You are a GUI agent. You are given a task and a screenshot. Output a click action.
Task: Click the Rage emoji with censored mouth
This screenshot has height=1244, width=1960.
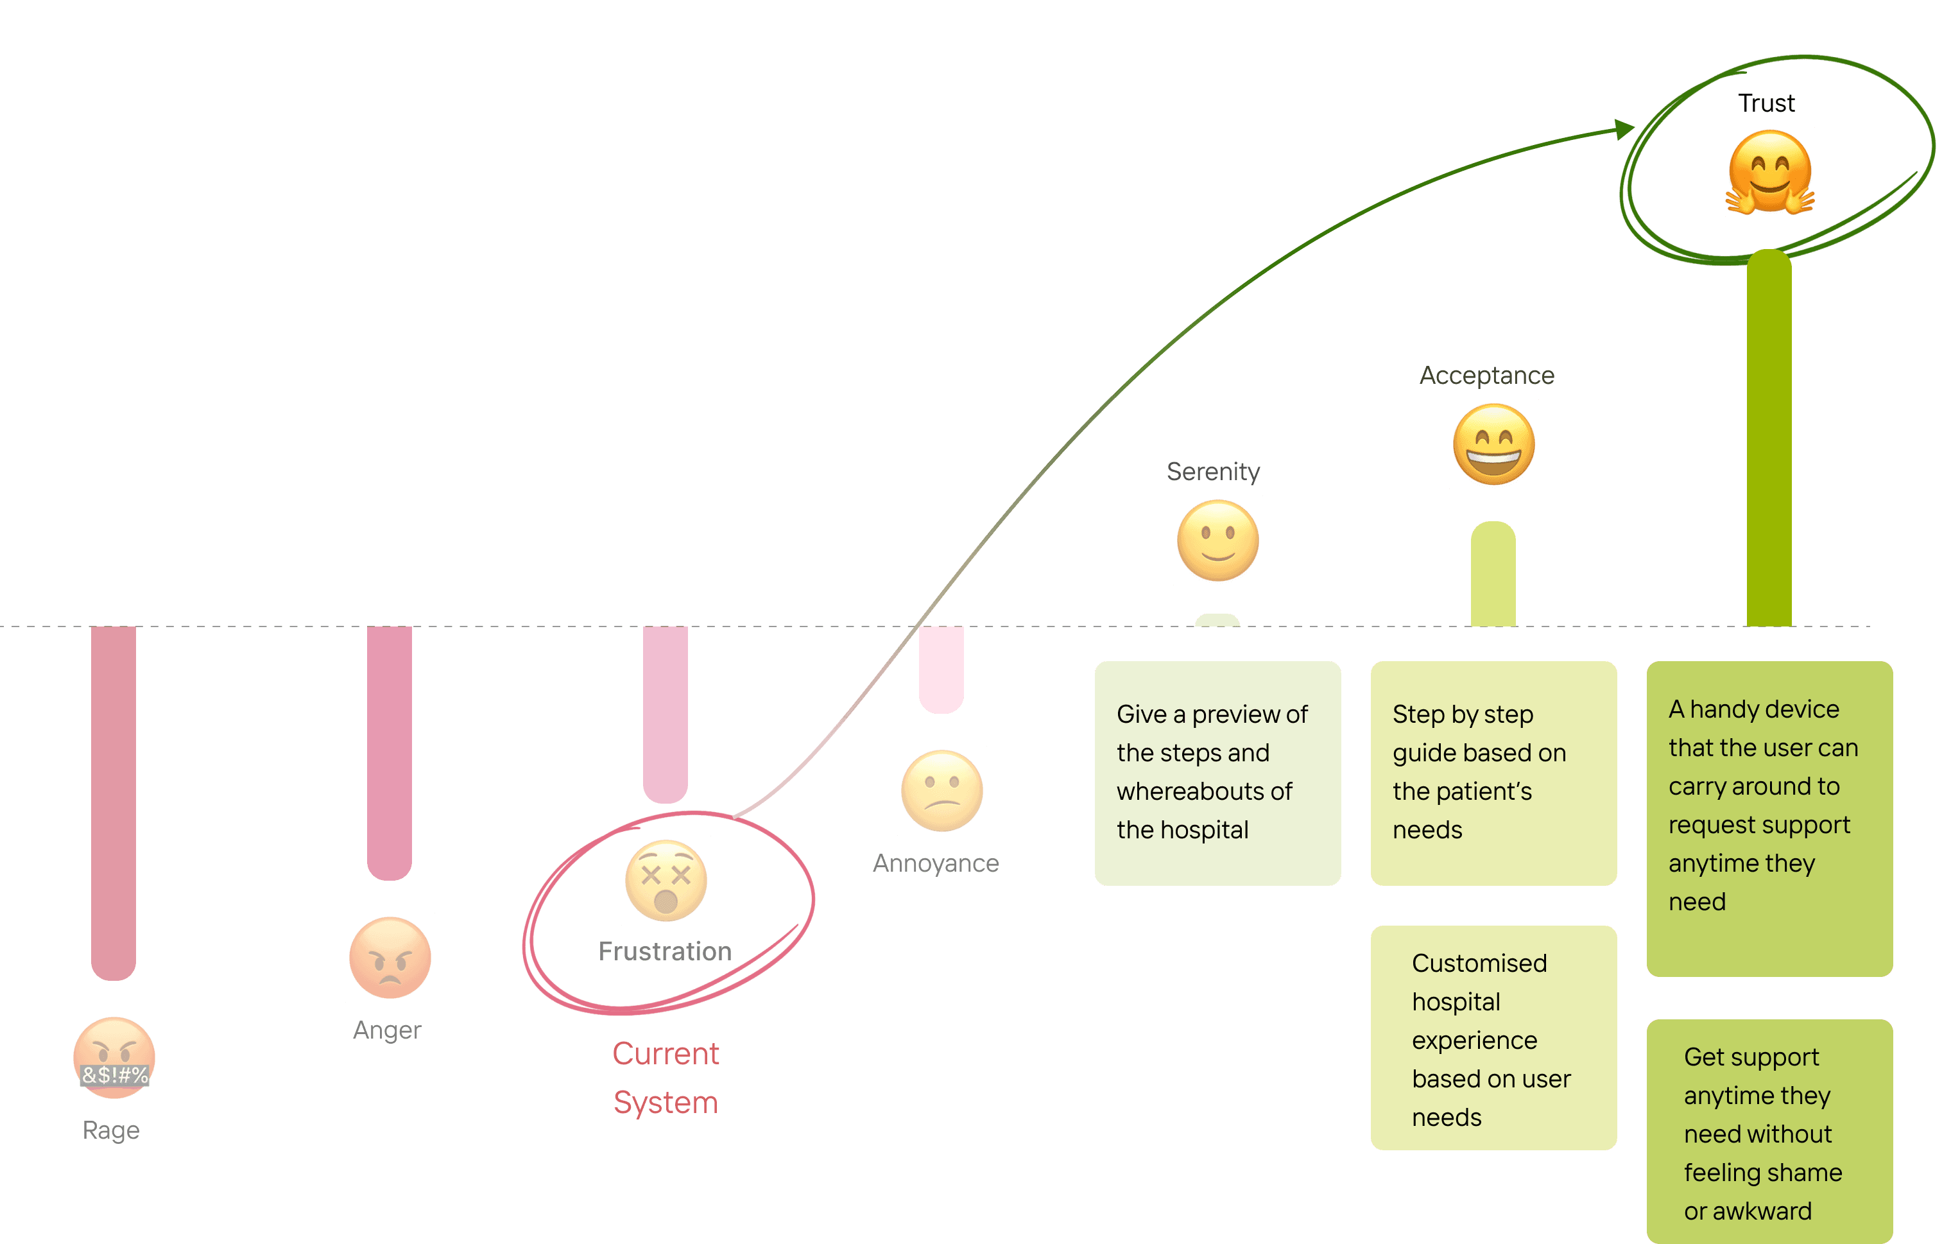[x=114, y=1058]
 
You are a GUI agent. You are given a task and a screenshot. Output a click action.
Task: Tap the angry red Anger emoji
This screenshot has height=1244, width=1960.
[x=390, y=958]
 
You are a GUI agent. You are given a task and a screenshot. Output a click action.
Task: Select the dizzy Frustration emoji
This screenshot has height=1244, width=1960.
[x=666, y=881]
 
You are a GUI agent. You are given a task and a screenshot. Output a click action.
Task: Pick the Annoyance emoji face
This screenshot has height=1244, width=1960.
[x=941, y=791]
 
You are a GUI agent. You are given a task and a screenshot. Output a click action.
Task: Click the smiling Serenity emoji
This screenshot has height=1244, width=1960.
[x=1217, y=540]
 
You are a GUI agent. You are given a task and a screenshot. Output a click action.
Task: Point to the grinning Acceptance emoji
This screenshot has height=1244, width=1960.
[x=1493, y=445]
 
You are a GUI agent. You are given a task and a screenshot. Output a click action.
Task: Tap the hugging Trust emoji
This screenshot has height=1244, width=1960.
[x=1769, y=173]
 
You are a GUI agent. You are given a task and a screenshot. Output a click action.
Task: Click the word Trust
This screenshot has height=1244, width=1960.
[x=1766, y=103]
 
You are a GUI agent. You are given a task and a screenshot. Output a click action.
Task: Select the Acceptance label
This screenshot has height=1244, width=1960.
[x=1486, y=376]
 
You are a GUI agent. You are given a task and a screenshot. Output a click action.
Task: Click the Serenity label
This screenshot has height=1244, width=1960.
[x=1213, y=471]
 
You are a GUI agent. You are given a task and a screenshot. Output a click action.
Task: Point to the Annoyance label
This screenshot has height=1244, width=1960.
[x=935, y=863]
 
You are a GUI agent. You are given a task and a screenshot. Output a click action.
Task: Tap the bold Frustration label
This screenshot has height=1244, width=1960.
[x=665, y=951]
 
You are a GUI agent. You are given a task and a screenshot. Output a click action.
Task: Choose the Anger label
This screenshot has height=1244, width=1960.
[x=386, y=1030]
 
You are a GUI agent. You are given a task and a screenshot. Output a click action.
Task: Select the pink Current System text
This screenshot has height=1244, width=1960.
[x=666, y=1078]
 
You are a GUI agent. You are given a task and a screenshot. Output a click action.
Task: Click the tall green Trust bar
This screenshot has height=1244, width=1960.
[x=1769, y=440]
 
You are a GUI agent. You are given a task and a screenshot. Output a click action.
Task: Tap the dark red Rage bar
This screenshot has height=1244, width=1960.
[x=113, y=802]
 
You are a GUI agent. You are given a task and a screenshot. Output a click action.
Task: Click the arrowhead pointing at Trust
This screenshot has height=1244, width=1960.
[x=1624, y=128]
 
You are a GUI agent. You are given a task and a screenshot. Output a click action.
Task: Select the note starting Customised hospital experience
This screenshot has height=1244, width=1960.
[x=1493, y=1038]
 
